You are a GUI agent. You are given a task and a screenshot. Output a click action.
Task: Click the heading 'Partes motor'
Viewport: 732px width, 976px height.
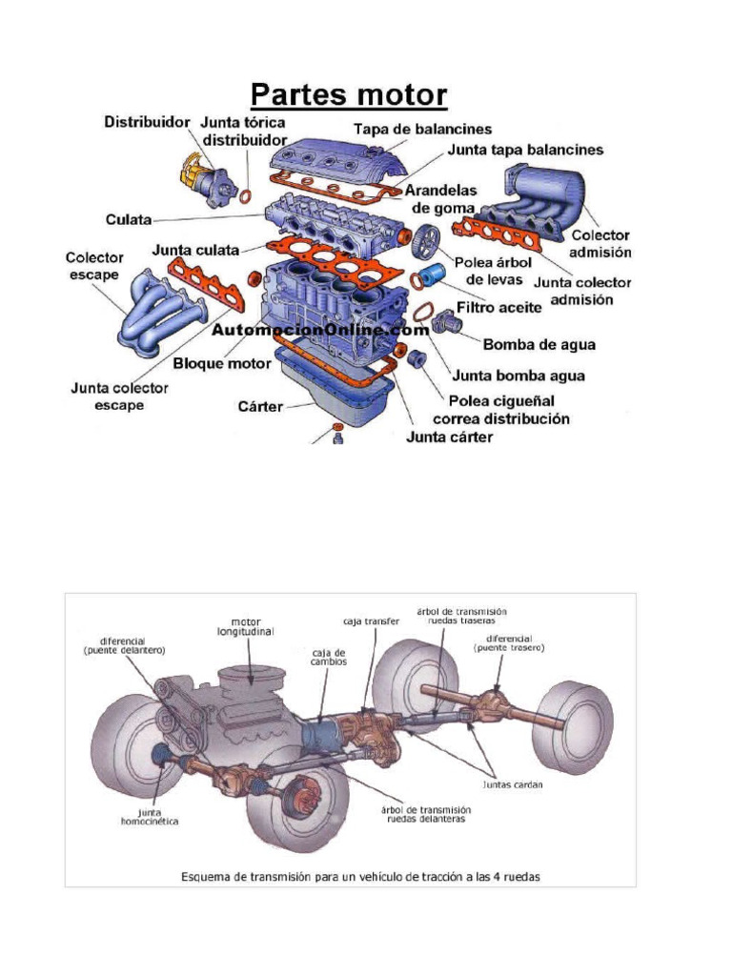(x=348, y=95)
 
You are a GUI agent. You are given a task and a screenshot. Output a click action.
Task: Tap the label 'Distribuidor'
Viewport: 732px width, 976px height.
(x=146, y=123)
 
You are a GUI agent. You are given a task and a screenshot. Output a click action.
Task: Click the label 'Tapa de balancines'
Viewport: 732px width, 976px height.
(x=422, y=129)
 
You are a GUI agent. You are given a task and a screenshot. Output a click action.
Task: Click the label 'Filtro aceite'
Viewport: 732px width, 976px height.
(x=498, y=308)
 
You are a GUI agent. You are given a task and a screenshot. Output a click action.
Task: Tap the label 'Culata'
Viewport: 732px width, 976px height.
(x=128, y=219)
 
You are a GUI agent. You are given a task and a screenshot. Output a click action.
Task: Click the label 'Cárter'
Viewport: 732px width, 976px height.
(x=259, y=407)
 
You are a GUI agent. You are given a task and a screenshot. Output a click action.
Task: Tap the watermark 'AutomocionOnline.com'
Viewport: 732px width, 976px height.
(x=320, y=330)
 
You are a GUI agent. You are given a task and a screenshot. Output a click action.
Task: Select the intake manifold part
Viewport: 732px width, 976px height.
(x=543, y=200)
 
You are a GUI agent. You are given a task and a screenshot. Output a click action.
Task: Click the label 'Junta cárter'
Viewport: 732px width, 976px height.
(x=449, y=437)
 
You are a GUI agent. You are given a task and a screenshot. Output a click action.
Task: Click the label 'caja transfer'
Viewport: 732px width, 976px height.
(x=371, y=620)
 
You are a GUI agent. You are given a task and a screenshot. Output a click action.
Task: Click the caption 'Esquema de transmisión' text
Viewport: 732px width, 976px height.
(x=361, y=876)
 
